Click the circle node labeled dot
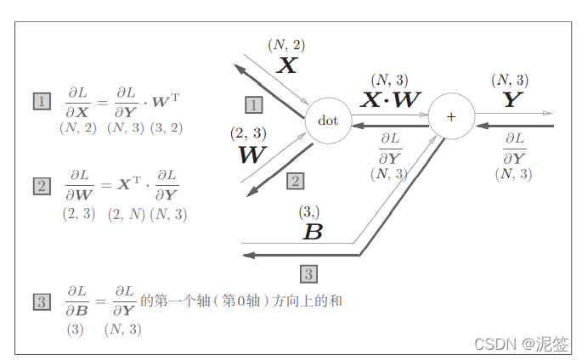[x=328, y=121]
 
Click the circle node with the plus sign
[x=450, y=116]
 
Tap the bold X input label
[x=286, y=65]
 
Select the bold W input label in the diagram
[x=252, y=155]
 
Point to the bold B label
[x=313, y=231]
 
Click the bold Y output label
[x=510, y=100]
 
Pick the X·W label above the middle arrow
[x=391, y=100]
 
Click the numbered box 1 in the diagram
[x=253, y=104]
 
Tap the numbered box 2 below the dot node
[x=295, y=181]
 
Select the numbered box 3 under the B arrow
[x=309, y=273]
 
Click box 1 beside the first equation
[x=42, y=102]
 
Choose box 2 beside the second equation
[x=42, y=185]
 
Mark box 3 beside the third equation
[x=42, y=301]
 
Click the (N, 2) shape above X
[x=286, y=44]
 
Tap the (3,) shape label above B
[x=310, y=211]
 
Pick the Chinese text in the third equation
[x=240, y=301]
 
